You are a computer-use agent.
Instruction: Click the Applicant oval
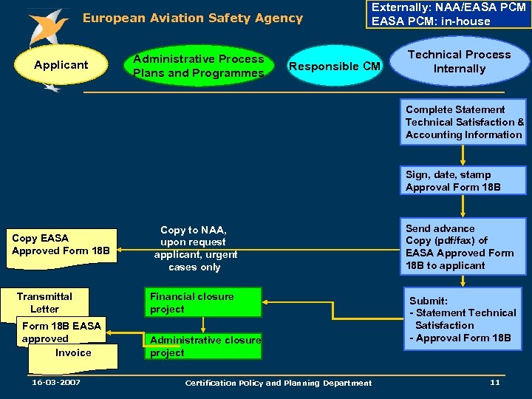[61, 65]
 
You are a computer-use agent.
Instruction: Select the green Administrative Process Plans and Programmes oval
[198, 66]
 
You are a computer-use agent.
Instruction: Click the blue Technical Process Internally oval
[460, 62]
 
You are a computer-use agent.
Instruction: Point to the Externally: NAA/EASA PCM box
[449, 14]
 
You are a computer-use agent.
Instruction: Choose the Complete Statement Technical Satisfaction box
[464, 122]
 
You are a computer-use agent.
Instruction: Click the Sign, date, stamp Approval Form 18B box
[464, 181]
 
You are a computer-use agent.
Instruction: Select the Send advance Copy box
[464, 247]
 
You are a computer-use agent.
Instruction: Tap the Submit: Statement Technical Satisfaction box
[464, 319]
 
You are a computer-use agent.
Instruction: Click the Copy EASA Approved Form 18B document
[61, 245]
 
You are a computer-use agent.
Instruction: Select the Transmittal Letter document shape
[45, 302]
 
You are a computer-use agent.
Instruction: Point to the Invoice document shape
[73, 353]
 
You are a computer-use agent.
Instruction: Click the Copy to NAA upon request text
[195, 248]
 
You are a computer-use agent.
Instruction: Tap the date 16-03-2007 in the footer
[56, 382]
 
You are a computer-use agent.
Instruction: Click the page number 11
[495, 382]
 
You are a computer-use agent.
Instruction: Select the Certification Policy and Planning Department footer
[279, 383]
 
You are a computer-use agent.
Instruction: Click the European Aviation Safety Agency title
[192, 18]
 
